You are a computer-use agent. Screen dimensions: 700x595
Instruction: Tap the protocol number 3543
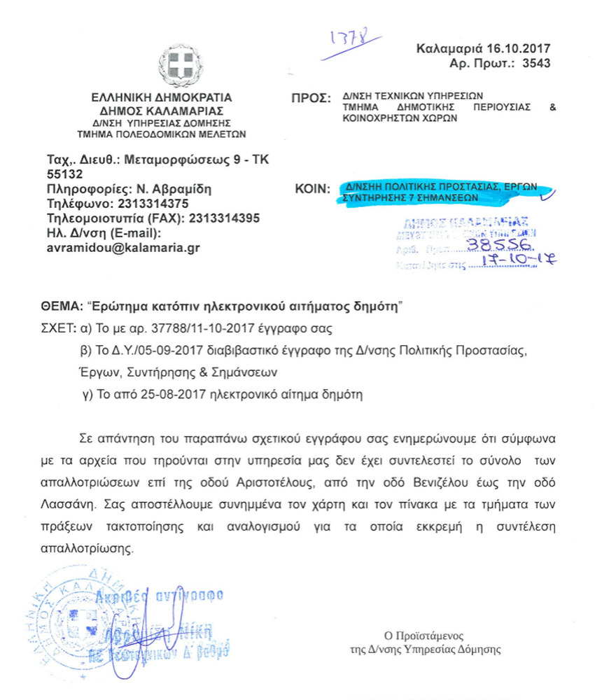tap(535, 64)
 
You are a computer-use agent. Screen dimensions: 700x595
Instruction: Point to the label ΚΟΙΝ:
tap(313, 188)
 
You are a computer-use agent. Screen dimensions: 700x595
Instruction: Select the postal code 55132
tap(64, 174)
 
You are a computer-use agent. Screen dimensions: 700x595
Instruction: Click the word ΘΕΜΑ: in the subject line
tap(60, 306)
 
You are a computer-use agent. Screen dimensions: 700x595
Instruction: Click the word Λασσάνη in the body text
tap(71, 503)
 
